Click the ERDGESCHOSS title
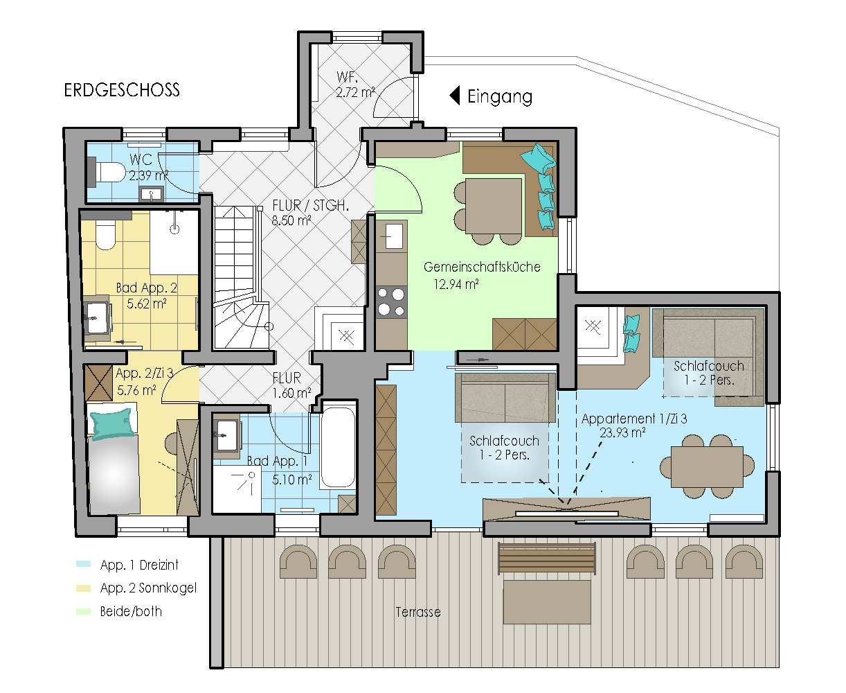point(122,90)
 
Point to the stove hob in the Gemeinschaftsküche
point(391,302)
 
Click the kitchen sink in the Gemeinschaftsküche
point(393,236)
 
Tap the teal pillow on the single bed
point(112,423)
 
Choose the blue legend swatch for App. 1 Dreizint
point(84,563)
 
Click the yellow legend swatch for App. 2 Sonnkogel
point(84,588)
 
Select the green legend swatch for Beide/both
point(84,611)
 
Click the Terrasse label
point(418,613)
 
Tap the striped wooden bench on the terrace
point(547,559)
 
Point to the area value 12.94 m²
point(456,285)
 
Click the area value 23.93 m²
point(622,432)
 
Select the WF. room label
point(347,77)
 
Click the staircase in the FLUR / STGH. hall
point(241,277)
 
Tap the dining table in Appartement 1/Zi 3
point(707,467)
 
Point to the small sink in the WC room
point(151,194)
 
